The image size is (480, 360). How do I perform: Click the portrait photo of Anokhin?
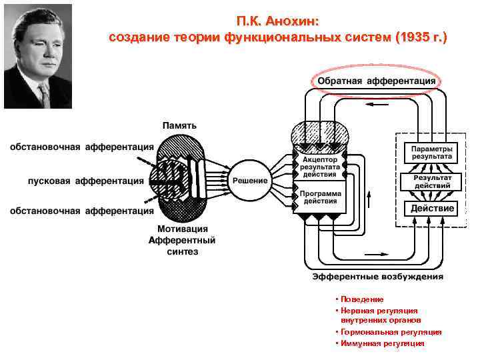pos(38,56)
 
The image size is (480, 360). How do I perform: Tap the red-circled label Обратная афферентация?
pos(376,81)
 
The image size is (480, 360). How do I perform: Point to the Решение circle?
pos(250,181)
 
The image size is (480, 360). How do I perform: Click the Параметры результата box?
pos(431,152)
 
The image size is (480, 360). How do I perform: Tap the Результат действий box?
pos(432,181)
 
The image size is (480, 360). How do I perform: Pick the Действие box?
pos(432,209)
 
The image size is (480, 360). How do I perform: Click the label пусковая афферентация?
pos(86,181)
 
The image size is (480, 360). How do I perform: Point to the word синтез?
pos(181,251)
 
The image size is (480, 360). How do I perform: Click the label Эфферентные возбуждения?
pos(377,276)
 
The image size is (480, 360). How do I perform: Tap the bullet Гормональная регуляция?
pos(390,331)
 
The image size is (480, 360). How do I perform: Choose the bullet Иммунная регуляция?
pos(382,343)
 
